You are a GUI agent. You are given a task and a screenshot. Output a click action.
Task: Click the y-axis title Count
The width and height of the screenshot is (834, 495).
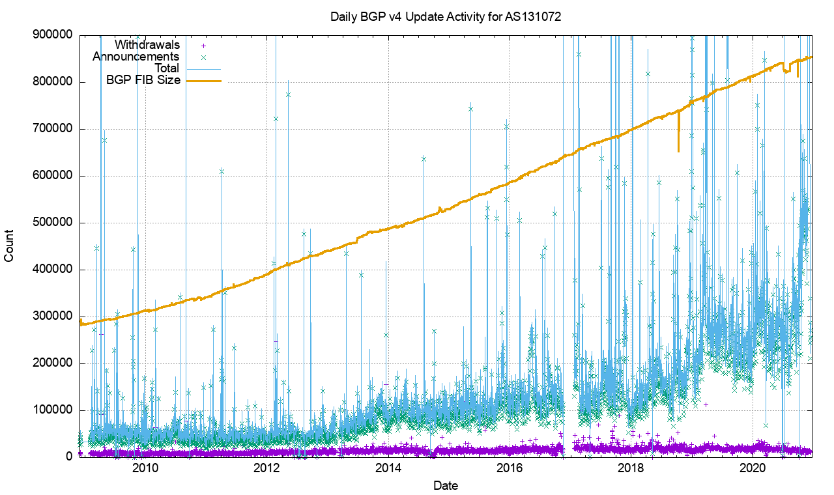click(x=9, y=246)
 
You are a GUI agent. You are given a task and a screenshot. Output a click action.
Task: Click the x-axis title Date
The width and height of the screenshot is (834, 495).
click(x=446, y=485)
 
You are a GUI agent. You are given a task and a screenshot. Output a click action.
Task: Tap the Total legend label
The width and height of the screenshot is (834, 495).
click(x=166, y=68)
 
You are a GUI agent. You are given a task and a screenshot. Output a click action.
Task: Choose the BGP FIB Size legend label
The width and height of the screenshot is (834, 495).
click(x=143, y=80)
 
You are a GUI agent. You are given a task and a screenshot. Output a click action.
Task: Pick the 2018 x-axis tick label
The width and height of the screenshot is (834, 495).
click(x=631, y=468)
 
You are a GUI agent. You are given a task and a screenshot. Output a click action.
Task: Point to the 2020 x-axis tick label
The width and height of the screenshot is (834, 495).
click(x=753, y=468)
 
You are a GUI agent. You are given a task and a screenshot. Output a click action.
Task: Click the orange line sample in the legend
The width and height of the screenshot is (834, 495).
click(x=203, y=81)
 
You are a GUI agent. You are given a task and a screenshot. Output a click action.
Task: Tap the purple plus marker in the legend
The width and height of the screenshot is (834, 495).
click(x=203, y=46)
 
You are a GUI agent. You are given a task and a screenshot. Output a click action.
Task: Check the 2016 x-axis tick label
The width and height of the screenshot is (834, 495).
click(x=510, y=468)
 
